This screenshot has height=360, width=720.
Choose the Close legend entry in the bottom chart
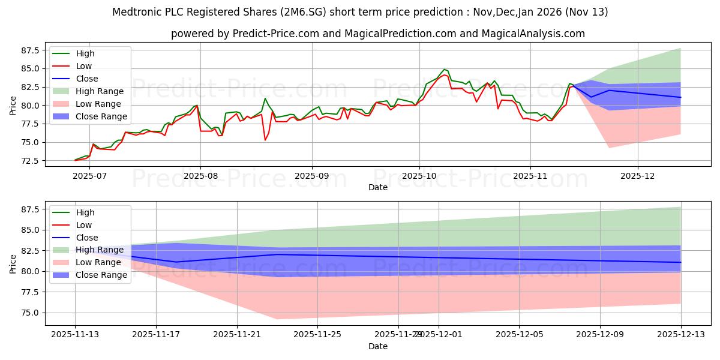coord(86,238)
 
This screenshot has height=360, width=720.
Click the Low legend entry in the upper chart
coord(85,66)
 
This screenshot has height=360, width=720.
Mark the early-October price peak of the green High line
coord(444,70)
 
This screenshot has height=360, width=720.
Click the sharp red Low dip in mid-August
coord(265,140)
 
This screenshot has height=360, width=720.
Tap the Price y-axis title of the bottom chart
coord(13,263)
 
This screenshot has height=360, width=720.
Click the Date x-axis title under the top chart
coord(378,188)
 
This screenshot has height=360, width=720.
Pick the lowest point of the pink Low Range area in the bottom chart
coord(277,319)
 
